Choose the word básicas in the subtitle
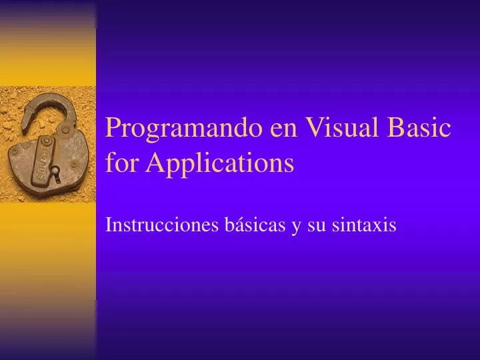coord(254,226)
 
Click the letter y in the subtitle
coord(295,228)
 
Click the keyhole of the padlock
coord(56,171)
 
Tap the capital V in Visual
coord(314,127)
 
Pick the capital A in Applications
coord(155,163)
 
